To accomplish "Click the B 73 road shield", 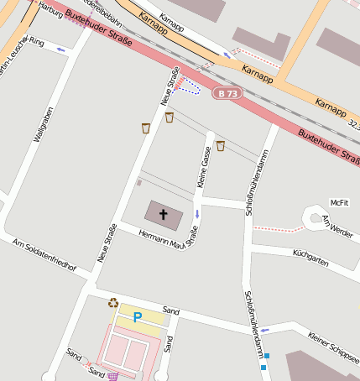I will click(227, 93).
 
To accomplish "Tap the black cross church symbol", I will click(164, 214).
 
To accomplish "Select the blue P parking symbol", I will click(138, 318).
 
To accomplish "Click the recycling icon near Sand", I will click(113, 303).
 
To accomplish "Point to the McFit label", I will click(339, 203).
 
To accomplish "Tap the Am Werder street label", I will click(337, 224).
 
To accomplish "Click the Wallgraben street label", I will click(43, 125).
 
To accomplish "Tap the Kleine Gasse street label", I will click(202, 166).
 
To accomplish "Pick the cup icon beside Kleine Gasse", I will click(221, 146).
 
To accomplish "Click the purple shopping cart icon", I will click(112, 375).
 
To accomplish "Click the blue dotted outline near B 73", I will click(192, 87).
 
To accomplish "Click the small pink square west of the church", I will click(139, 182).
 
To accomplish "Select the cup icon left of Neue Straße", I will click(146, 128).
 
